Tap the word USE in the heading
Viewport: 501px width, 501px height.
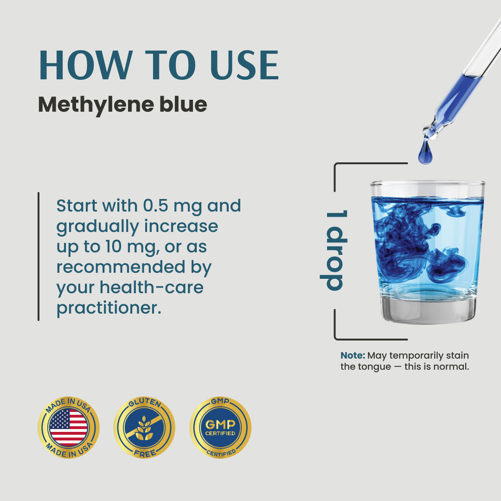click(244, 65)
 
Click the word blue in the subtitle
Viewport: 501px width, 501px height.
click(183, 104)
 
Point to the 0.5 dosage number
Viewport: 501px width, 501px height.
click(155, 206)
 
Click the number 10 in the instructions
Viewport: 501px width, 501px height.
click(113, 247)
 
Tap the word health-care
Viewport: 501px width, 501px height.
click(151, 287)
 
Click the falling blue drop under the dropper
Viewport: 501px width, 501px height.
click(425, 153)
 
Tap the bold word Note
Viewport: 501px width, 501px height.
click(353, 355)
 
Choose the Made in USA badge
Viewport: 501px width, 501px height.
click(69, 428)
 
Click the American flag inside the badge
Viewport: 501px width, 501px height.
click(69, 428)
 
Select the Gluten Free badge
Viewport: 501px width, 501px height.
click(144, 428)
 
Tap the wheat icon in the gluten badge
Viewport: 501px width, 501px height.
click(144, 428)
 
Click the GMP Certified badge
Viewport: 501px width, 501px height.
click(220, 428)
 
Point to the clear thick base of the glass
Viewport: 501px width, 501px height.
click(428, 309)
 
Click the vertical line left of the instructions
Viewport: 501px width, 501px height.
click(39, 256)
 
